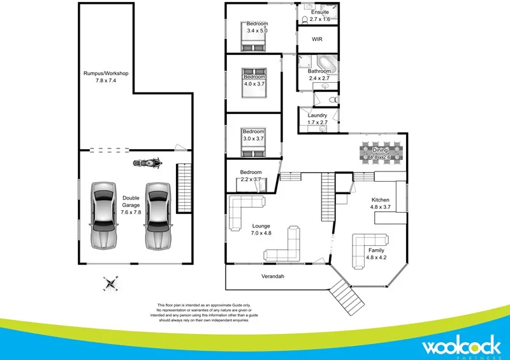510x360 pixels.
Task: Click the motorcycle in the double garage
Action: tap(147, 163)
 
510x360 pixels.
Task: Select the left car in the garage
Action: tap(103, 215)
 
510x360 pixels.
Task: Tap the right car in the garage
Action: tap(158, 216)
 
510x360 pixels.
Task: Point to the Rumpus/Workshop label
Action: tap(106, 73)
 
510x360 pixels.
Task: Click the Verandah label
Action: tap(272, 277)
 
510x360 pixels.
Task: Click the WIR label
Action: tap(317, 39)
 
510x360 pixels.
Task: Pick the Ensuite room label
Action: tap(319, 12)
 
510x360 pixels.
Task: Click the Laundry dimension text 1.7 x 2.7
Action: tap(317, 122)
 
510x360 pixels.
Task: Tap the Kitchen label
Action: tap(381, 200)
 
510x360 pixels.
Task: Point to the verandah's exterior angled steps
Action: tap(346, 295)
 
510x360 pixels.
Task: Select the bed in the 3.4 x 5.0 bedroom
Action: tap(252, 42)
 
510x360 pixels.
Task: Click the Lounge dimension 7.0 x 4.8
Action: tap(261, 233)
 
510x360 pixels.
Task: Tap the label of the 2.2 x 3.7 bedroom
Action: tap(251, 172)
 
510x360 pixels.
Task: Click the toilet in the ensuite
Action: tap(305, 20)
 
